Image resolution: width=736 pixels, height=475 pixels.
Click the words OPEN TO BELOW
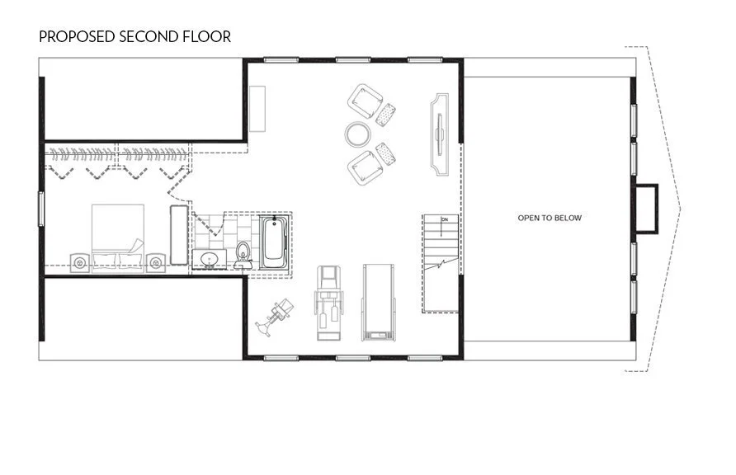click(x=549, y=218)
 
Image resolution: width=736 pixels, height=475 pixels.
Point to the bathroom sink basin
click(x=209, y=261)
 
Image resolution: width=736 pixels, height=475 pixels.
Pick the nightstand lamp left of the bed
click(x=80, y=262)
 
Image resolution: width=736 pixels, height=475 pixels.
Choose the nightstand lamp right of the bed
click(x=155, y=262)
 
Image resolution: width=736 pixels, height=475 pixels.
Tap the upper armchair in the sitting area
click(x=363, y=101)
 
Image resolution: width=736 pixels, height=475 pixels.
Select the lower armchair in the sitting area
click(x=365, y=167)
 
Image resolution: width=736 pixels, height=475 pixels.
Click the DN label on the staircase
click(x=444, y=219)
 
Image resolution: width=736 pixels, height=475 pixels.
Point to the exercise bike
click(x=275, y=314)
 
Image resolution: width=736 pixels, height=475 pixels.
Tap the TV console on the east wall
click(x=437, y=134)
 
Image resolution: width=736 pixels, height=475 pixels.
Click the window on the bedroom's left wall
click(x=41, y=208)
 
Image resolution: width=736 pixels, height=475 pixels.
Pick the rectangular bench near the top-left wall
click(x=258, y=108)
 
